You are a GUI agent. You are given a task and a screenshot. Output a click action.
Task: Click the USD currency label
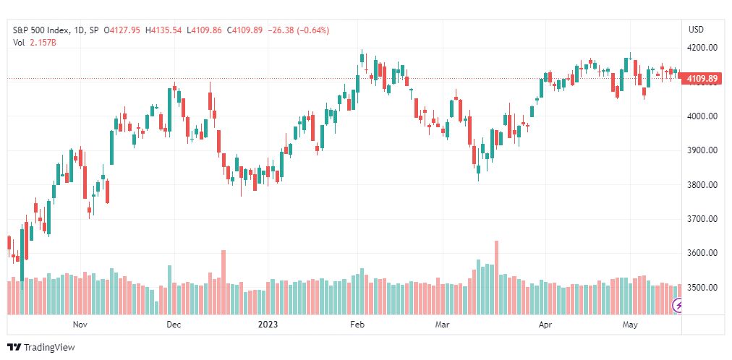(x=696, y=30)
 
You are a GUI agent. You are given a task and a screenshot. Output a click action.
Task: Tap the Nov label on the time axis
(x=80, y=325)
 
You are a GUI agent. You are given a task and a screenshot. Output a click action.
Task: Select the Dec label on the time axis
(x=174, y=325)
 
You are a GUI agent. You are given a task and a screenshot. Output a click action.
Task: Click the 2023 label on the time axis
(x=268, y=325)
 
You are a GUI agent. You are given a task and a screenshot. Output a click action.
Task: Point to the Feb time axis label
(x=357, y=325)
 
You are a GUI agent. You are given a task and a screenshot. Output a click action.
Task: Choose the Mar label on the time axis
(x=442, y=325)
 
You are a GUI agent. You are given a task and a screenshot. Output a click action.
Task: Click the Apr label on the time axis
(x=545, y=325)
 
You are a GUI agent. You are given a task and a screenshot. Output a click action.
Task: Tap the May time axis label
(x=630, y=325)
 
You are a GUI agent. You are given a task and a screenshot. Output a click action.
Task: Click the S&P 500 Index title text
(x=41, y=30)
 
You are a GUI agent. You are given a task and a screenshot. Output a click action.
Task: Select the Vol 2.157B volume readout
(x=35, y=43)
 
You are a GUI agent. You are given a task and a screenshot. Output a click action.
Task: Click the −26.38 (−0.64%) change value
(x=297, y=30)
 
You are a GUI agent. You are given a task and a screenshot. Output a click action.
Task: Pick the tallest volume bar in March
(x=496, y=278)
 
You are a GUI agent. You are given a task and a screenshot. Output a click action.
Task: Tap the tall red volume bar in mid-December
(x=224, y=283)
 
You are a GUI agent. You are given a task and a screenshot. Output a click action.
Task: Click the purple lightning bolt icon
(x=677, y=306)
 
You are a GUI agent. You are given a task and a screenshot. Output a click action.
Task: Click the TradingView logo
(x=41, y=348)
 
